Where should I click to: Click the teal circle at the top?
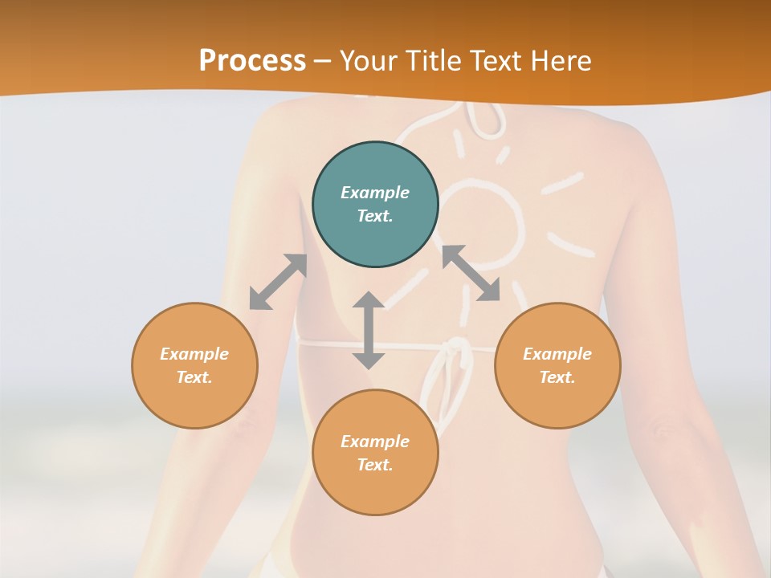[x=375, y=205]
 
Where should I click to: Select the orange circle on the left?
[x=194, y=365]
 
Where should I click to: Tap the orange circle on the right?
[x=557, y=365]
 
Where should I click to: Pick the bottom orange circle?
[x=375, y=453]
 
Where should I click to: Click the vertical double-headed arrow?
[x=369, y=331]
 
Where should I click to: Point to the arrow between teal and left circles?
[x=278, y=282]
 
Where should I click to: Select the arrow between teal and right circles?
[x=471, y=273]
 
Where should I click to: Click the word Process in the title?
[x=252, y=60]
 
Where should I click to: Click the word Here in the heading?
[x=561, y=60]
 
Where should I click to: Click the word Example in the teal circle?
[x=375, y=193]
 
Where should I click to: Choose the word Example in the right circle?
[x=557, y=354]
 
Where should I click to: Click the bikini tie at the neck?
[x=482, y=120]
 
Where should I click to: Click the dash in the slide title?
[x=323, y=61]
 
